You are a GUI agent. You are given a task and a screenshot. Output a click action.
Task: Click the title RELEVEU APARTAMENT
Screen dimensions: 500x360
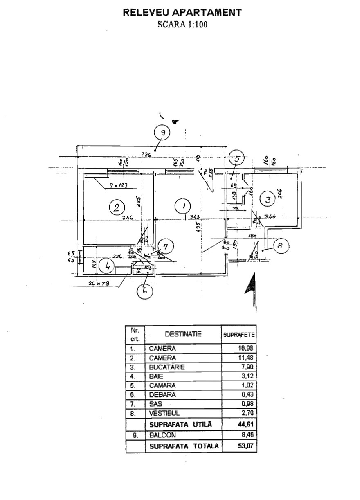click(182, 13)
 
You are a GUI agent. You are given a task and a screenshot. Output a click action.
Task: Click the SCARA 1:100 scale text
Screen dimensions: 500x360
click(182, 24)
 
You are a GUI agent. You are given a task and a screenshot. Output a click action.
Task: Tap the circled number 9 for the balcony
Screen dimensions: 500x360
click(162, 133)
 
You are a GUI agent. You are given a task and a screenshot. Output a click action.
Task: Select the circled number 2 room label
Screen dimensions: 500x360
click(117, 207)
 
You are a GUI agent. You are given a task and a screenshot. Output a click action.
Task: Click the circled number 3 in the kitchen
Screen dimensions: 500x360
click(268, 200)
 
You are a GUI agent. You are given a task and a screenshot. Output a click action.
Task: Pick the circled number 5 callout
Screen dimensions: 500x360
click(236, 158)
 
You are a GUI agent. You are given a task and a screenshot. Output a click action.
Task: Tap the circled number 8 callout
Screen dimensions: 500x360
click(280, 246)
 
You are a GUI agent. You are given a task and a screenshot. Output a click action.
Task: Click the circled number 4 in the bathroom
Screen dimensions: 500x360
click(108, 266)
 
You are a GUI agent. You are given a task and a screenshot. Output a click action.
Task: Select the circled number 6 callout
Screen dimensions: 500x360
click(144, 291)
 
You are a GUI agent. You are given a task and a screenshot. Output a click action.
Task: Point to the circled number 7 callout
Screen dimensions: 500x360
click(166, 246)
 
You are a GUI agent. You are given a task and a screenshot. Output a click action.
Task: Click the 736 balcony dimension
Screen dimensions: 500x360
click(146, 154)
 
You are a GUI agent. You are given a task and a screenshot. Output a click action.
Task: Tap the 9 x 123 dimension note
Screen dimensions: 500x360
click(118, 185)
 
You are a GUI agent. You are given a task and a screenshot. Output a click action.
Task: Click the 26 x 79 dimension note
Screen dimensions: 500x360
click(100, 283)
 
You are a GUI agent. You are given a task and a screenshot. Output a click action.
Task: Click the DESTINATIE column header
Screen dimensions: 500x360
click(183, 334)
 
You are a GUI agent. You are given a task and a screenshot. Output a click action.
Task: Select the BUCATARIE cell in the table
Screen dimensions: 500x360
click(167, 367)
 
